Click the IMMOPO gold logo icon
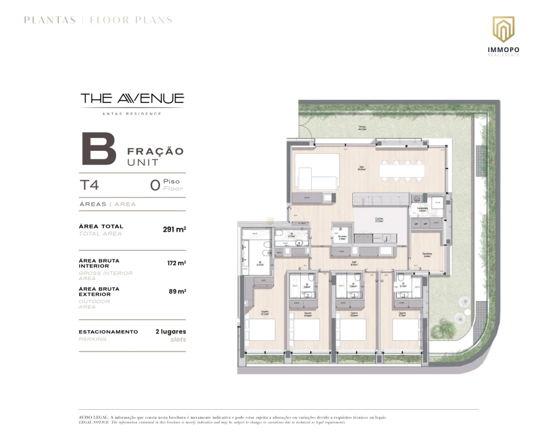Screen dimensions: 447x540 503,29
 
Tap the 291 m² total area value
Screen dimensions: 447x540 174,229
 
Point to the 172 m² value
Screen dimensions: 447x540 177,263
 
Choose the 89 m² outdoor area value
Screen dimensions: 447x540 178,291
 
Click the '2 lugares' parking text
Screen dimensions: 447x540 170,332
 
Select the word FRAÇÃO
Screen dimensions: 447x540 155,151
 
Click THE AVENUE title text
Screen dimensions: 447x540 132,98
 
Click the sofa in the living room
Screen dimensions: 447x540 317,173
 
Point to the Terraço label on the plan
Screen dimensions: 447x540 361,128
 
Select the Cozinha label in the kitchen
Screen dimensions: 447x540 378,219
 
